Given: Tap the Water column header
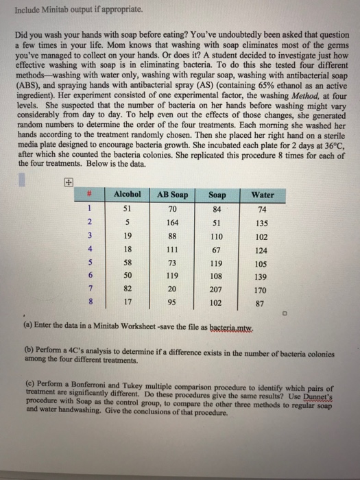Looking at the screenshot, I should [263, 195].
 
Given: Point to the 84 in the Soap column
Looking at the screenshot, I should [217, 208].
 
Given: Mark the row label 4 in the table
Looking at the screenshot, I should [88, 252].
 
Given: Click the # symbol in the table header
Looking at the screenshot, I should [88, 195].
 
